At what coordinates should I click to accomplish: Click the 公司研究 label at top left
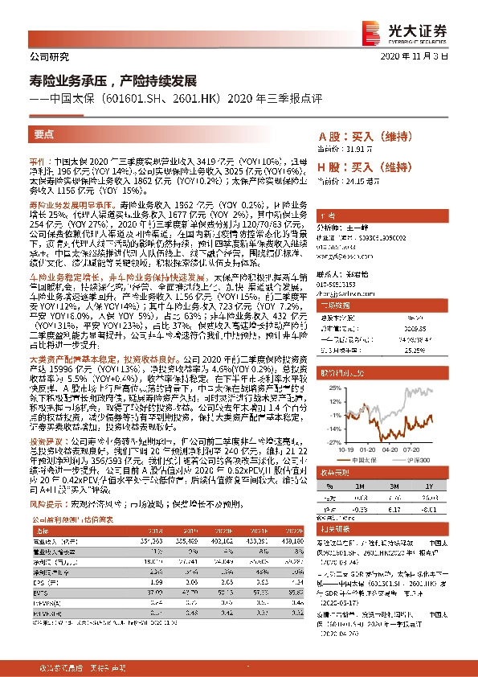click(x=48, y=56)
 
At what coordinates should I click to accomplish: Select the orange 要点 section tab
click(x=45, y=134)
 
